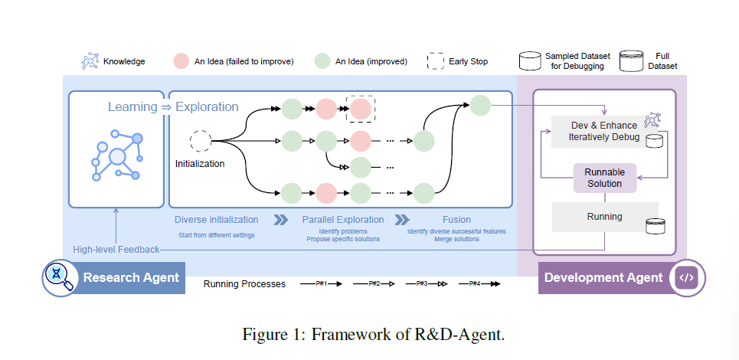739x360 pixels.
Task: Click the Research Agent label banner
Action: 131,277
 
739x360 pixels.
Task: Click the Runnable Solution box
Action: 604,178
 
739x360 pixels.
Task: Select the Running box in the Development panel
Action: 604,217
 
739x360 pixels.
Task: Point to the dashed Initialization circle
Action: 201,141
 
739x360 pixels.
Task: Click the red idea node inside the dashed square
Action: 360,110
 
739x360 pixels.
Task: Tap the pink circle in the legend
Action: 181,61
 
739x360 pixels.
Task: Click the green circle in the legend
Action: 322,61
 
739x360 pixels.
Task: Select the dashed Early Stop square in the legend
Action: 436,61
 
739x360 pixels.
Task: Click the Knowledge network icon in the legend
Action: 90,61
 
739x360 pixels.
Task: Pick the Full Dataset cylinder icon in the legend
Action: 631,61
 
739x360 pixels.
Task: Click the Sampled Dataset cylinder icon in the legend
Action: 530,61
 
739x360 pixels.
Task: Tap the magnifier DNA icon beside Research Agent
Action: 59,277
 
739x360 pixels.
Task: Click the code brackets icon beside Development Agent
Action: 686,277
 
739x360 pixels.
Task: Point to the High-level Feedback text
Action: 116,250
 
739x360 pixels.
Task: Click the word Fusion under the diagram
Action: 456,219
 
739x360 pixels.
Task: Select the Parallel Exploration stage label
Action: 340,219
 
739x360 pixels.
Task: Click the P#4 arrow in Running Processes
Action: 480,284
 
